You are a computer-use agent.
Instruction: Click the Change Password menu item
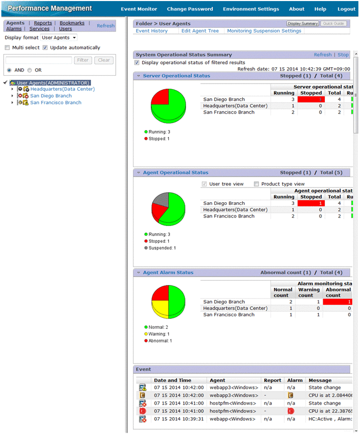(x=190, y=9)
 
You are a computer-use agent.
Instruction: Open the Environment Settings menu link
(x=251, y=9)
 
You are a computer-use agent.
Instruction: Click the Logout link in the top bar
(x=346, y=9)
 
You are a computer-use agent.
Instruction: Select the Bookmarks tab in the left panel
(x=72, y=23)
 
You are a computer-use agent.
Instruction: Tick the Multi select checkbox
(x=7, y=48)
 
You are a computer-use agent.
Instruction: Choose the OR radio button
(x=29, y=70)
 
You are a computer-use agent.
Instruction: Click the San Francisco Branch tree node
(x=55, y=102)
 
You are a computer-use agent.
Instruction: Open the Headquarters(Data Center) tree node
(x=62, y=89)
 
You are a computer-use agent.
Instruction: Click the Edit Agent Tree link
(x=200, y=31)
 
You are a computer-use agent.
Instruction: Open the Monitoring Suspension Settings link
(x=264, y=31)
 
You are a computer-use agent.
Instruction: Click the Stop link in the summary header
(x=343, y=55)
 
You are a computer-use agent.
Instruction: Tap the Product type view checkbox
(x=256, y=184)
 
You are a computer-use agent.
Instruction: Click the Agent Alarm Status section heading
(x=168, y=273)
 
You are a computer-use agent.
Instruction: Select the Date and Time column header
(x=172, y=380)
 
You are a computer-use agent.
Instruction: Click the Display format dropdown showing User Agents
(x=59, y=38)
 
